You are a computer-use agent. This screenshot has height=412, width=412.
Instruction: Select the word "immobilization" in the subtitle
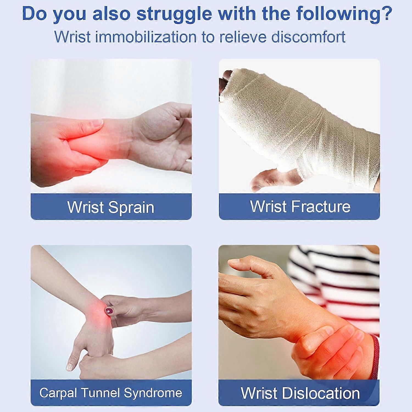[x=146, y=37]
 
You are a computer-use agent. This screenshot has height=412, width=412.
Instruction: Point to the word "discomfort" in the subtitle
[x=308, y=37]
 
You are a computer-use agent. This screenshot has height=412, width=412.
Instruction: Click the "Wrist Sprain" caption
[x=111, y=207]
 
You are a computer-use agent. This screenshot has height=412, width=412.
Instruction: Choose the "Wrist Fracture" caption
[x=300, y=207]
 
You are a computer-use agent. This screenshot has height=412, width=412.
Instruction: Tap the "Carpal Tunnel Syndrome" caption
[x=111, y=393]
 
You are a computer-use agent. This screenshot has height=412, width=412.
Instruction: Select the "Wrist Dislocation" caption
[x=300, y=393]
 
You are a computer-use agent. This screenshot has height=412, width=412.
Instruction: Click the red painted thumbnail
[x=109, y=311]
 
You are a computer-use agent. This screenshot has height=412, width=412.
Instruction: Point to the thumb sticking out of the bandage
[x=272, y=180]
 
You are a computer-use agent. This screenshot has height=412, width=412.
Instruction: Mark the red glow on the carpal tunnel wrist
[x=96, y=316]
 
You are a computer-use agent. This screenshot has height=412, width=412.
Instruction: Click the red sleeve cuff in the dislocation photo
[x=375, y=357]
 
